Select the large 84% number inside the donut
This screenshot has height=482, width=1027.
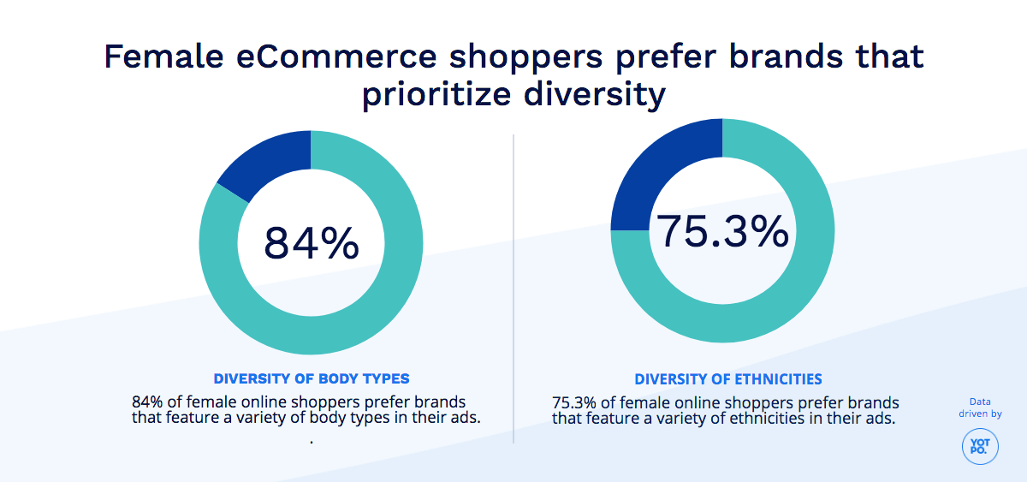click(311, 243)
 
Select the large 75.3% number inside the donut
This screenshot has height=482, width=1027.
click(721, 231)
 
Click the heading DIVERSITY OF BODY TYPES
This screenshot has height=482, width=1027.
click(312, 378)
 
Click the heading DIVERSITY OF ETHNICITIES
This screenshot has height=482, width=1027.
click(728, 378)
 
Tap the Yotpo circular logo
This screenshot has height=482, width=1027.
click(980, 446)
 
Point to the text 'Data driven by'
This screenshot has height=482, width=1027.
click(980, 408)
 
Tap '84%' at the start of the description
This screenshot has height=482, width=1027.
click(146, 402)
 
